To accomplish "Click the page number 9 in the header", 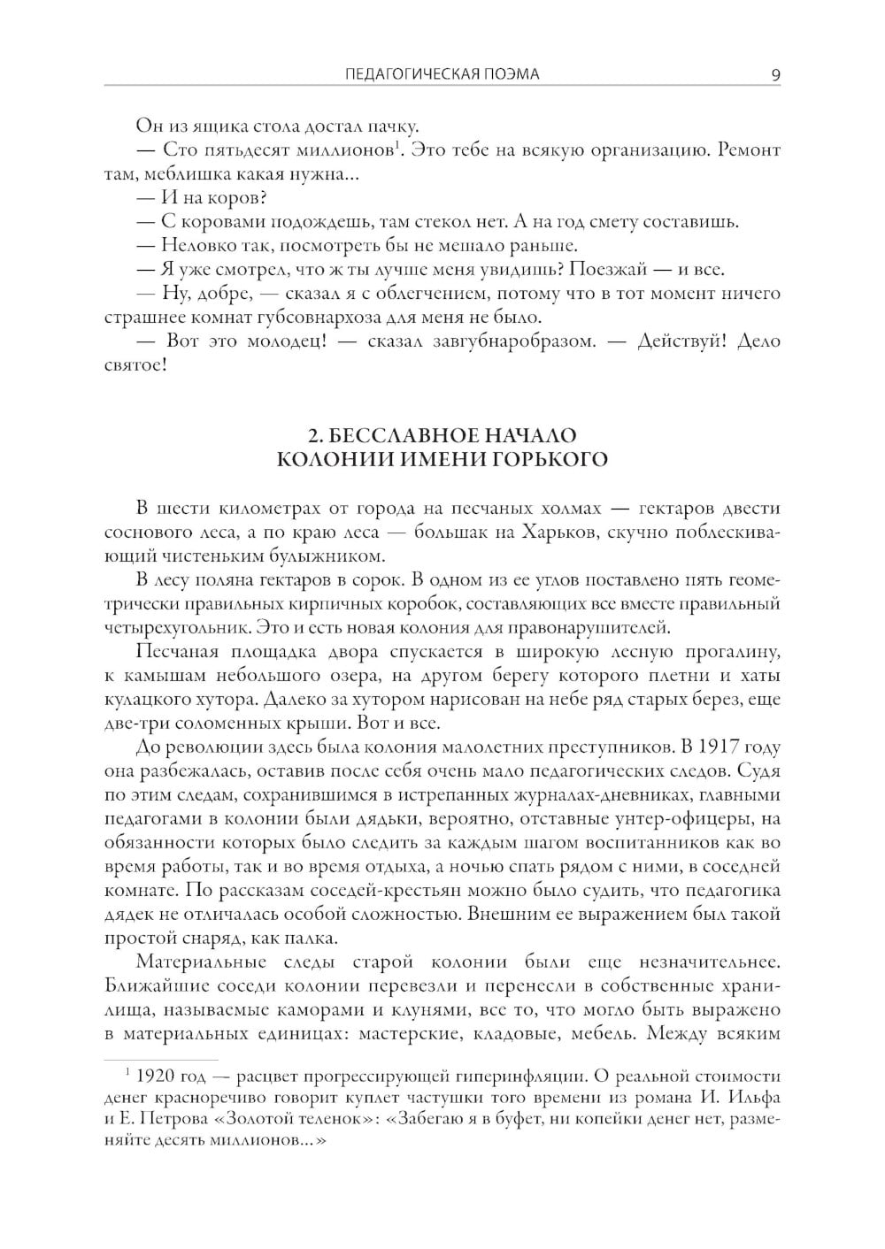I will [775, 74].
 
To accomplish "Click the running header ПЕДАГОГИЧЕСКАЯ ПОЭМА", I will [442, 74].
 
